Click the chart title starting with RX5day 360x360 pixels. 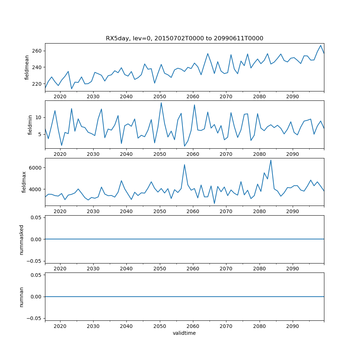point(184,38)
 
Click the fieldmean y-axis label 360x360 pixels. point(27,67)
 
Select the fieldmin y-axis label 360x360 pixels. point(30,125)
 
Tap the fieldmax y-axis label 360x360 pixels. point(24,182)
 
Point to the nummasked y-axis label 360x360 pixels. point(21,239)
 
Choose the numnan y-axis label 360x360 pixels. point(21,297)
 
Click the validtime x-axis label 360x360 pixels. point(184,333)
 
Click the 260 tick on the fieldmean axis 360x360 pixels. point(37,51)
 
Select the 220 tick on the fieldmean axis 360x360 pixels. point(37,84)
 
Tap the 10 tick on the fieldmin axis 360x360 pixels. point(39,118)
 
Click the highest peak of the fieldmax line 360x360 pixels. point(271,160)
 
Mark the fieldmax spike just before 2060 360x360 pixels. point(184,165)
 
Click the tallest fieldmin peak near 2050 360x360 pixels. point(161,103)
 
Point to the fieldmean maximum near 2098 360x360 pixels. point(320,45)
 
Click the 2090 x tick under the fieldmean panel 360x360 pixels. point(292,97)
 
